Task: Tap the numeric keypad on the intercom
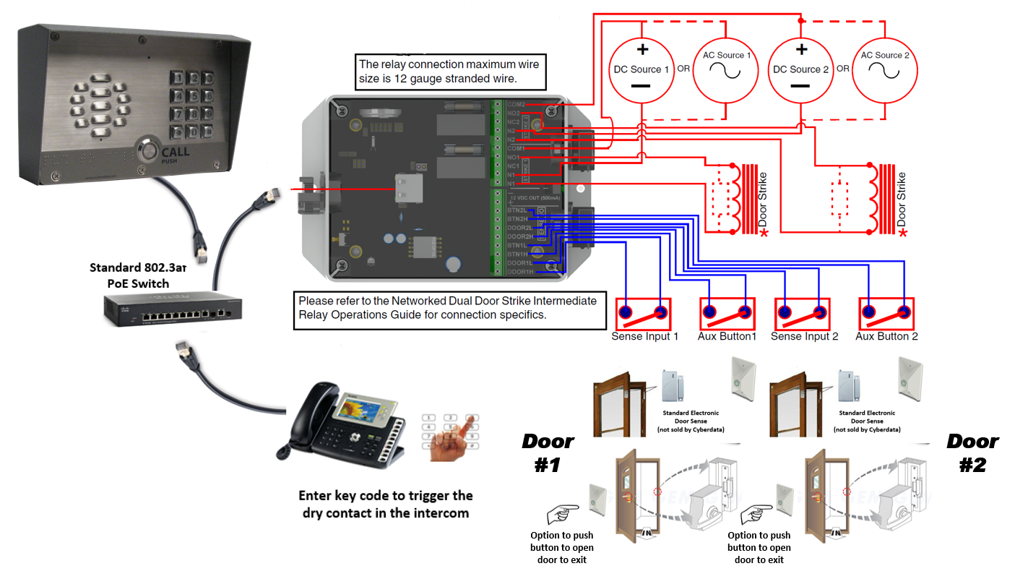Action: tap(191, 104)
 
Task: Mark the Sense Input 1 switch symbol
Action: tap(642, 313)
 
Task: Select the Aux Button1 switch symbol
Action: tap(727, 313)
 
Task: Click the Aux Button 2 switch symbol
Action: tap(886, 313)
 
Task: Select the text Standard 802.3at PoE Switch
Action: tap(137, 275)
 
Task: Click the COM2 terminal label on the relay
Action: tap(516, 105)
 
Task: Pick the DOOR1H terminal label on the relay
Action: tap(519, 272)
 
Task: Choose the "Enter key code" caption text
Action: tap(385, 504)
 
